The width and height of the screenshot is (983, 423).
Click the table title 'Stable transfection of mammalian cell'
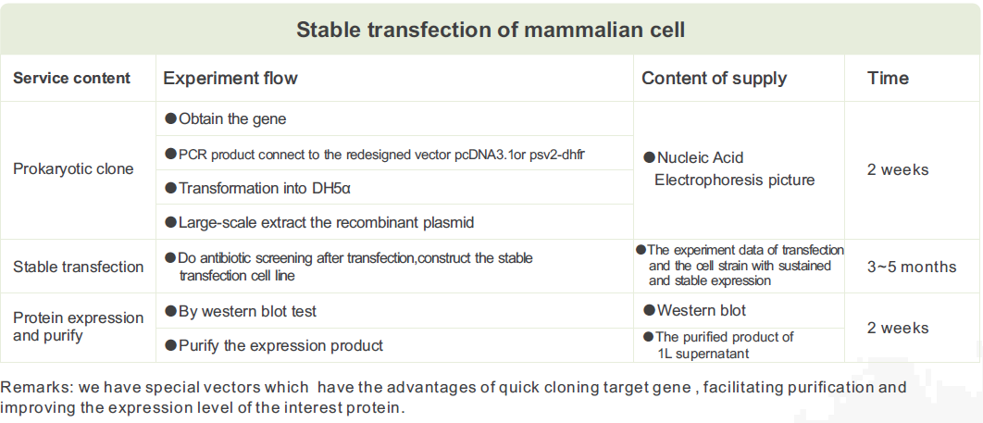coord(491,30)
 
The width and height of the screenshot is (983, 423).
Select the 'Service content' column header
coord(72,79)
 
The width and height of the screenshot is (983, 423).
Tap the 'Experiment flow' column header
coord(230,79)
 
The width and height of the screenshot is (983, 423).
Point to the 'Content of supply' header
coord(714,79)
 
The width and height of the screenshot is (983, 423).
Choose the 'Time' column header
coord(888,79)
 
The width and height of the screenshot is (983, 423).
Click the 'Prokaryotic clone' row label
coord(73,169)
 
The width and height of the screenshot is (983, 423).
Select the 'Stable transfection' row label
coord(79,267)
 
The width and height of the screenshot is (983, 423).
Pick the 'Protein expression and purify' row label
coord(79,327)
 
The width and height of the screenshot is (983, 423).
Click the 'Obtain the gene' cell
coord(226,119)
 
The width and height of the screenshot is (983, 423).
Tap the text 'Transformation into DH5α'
coord(257,187)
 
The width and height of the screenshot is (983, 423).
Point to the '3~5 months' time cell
coord(912,267)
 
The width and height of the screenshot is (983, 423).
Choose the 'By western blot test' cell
coord(242,311)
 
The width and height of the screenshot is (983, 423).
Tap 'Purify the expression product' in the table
coord(274,345)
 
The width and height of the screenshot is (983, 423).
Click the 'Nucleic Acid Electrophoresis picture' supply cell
coord(729,169)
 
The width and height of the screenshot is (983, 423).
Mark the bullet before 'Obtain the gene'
coord(170,118)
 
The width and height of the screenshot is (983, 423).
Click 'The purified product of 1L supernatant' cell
coord(719,345)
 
